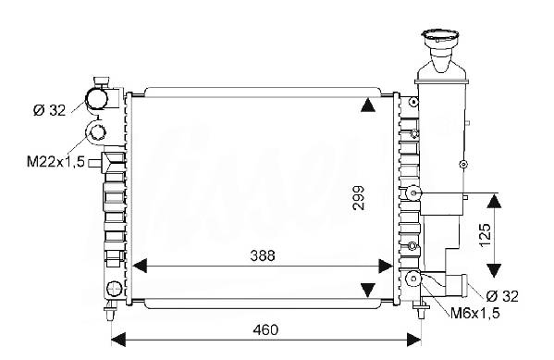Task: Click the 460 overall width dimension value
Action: (265, 329)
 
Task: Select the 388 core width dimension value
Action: (262, 255)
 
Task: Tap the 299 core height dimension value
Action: (358, 198)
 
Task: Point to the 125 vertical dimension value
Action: (486, 235)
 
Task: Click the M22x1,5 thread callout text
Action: (55, 162)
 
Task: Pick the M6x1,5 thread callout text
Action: (474, 313)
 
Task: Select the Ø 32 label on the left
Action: (49, 111)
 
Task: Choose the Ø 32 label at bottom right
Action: (501, 296)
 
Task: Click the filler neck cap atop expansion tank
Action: (440, 36)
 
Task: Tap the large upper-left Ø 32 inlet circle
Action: (97, 98)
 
